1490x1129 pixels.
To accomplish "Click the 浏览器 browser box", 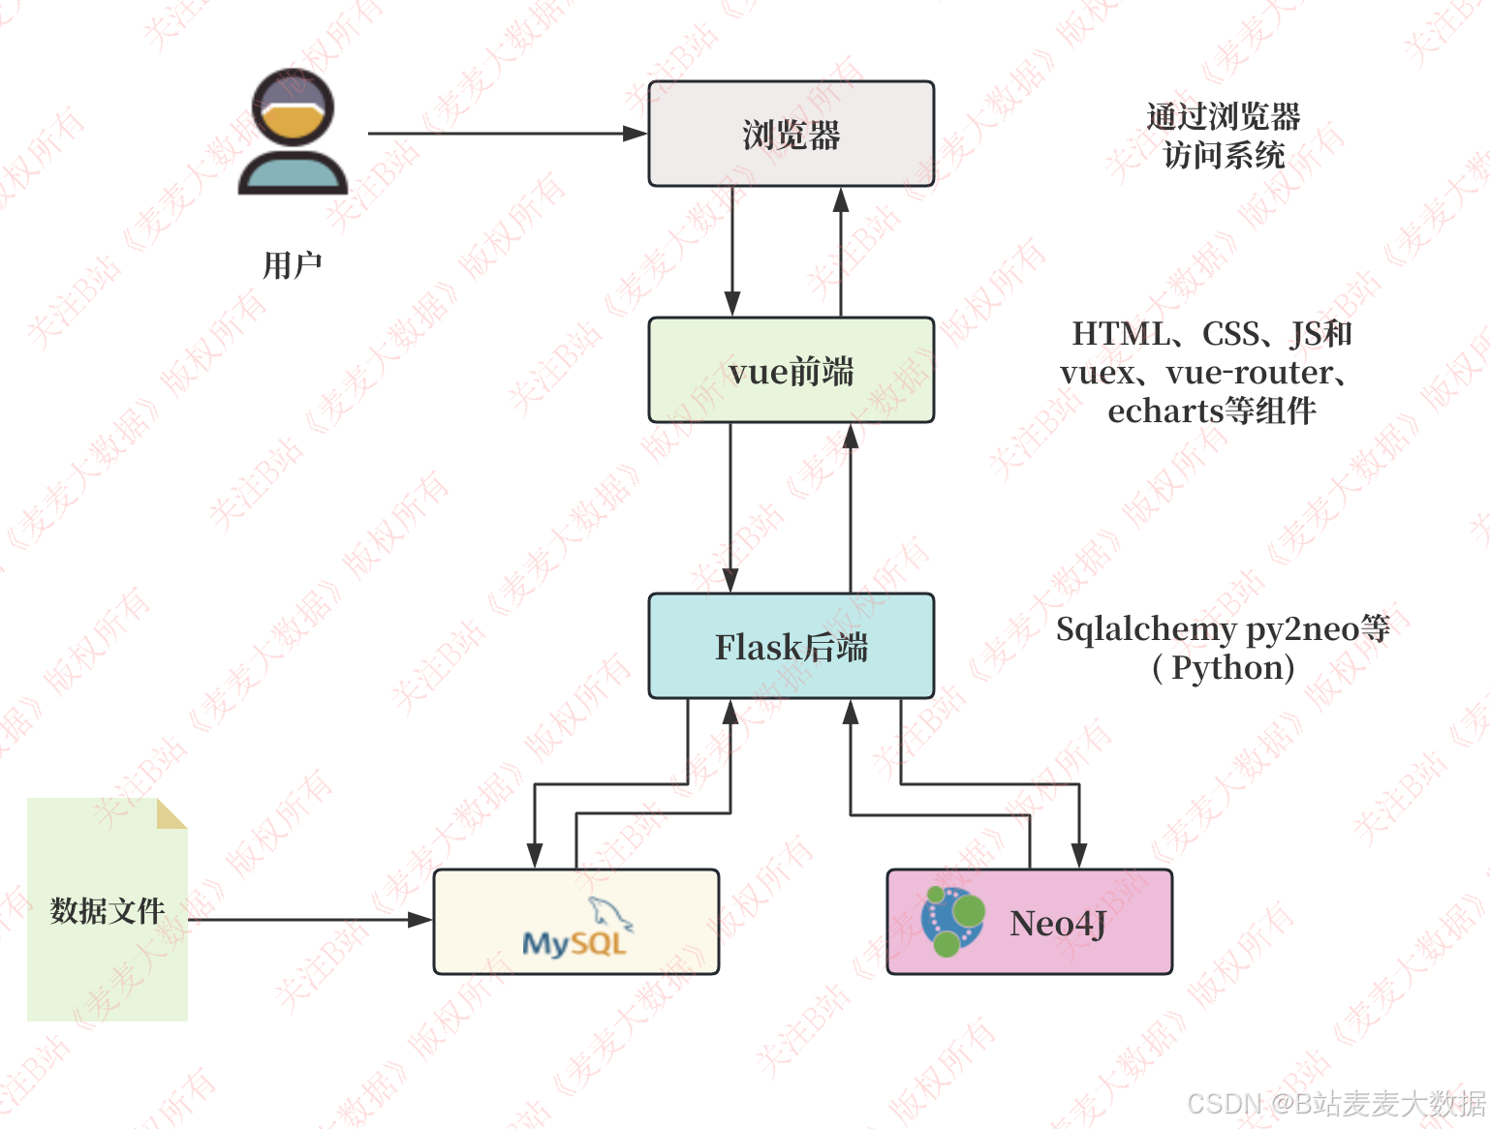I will click(x=791, y=134).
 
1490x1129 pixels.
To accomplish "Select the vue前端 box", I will click(x=791, y=371).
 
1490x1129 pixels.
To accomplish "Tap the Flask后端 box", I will click(x=791, y=647).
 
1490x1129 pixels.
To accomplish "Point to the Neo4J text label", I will click(x=1058, y=924).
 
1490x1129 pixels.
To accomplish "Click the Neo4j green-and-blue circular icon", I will click(x=952, y=921).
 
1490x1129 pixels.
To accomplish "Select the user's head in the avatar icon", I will click(x=293, y=107).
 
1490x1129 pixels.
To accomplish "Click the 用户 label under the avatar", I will click(x=292, y=264).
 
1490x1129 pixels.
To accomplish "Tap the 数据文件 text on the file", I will click(x=108, y=910).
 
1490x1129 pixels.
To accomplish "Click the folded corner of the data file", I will click(x=171, y=813).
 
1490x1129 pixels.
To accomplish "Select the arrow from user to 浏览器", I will click(x=504, y=134).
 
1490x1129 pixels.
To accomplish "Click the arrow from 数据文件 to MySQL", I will click(x=310, y=920).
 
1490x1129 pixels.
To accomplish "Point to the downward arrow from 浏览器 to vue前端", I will click(x=732, y=252).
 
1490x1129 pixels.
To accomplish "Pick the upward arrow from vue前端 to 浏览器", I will click(x=841, y=252).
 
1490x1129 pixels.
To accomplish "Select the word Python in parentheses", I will click(x=1228, y=668).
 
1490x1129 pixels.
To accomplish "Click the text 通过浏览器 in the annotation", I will click(x=1223, y=117).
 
